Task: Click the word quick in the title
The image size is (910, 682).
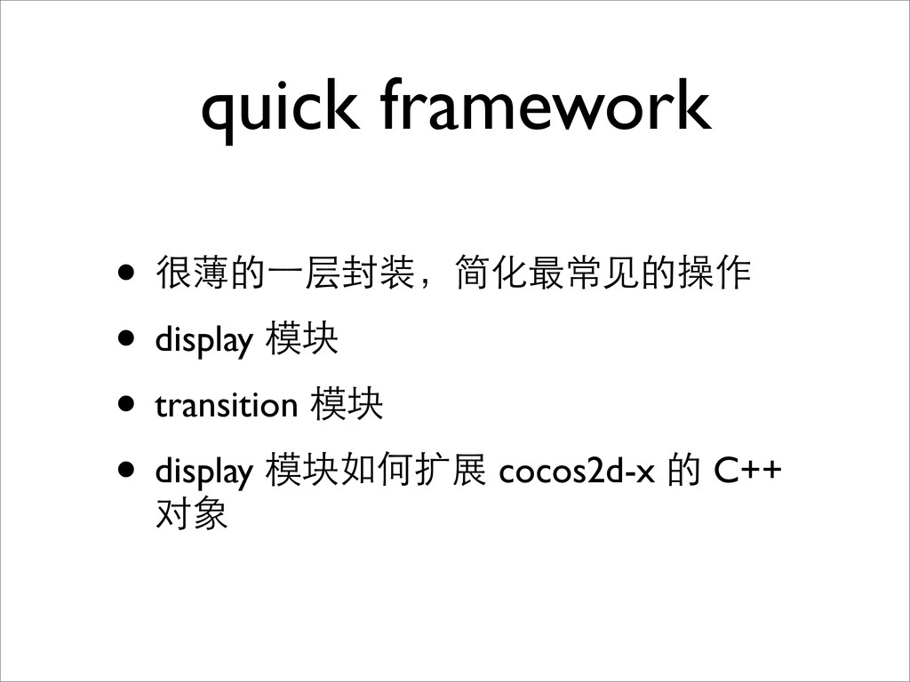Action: [280, 110]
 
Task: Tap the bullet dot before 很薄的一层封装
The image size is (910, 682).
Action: [126, 272]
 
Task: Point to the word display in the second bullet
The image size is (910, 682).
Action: [204, 340]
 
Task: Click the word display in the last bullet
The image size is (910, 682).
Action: [204, 472]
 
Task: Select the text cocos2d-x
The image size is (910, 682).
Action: [576, 471]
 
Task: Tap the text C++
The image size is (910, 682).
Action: [747, 471]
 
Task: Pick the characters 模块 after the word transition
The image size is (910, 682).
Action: [347, 404]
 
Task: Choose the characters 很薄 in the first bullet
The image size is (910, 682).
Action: [192, 272]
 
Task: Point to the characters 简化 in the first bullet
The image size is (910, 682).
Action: [492, 272]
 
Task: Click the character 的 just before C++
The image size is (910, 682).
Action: [683, 470]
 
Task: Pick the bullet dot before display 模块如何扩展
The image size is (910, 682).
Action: [126, 469]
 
